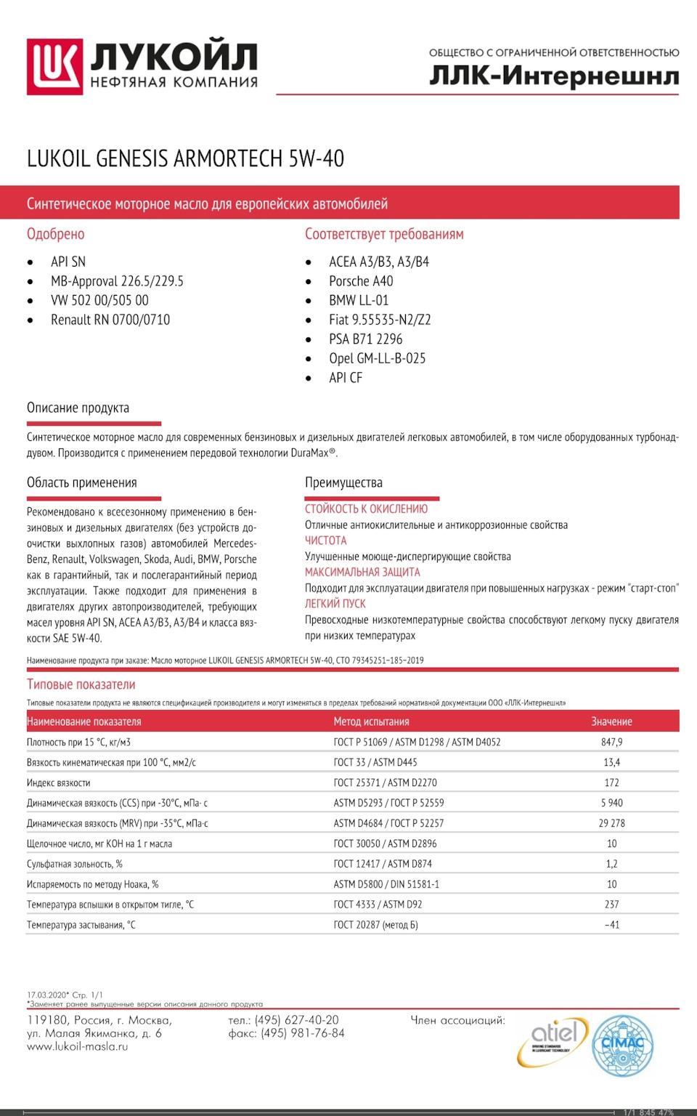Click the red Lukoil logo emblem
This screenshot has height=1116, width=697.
54,66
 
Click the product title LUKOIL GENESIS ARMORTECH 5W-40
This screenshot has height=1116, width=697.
185,158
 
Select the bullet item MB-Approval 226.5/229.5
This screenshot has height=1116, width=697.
117,281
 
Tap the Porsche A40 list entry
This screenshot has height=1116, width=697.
361,281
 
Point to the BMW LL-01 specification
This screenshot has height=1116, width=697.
359,300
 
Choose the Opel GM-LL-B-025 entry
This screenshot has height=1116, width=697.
377,358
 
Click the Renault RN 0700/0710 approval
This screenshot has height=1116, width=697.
110,320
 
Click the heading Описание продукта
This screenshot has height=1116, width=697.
78,408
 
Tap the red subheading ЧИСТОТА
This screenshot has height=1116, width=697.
325,541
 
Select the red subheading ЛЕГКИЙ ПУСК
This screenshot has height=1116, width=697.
335,604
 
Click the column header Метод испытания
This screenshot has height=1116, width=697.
371,721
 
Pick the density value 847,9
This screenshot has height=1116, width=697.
611,742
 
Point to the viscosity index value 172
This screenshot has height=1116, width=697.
611,783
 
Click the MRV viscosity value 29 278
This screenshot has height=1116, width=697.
611,823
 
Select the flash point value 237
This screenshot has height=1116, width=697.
611,905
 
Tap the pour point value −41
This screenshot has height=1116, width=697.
611,925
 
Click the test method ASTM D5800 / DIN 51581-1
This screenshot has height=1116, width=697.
386,884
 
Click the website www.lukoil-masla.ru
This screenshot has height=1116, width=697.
78,1047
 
